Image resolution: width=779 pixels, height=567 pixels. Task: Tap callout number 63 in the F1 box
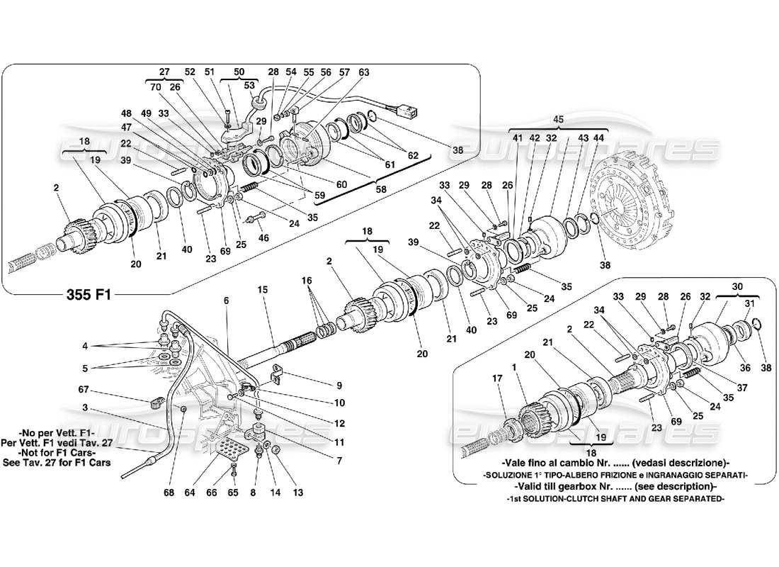point(364,72)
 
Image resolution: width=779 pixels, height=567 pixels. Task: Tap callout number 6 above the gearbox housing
point(226,301)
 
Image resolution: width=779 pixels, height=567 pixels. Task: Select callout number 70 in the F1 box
point(156,88)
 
